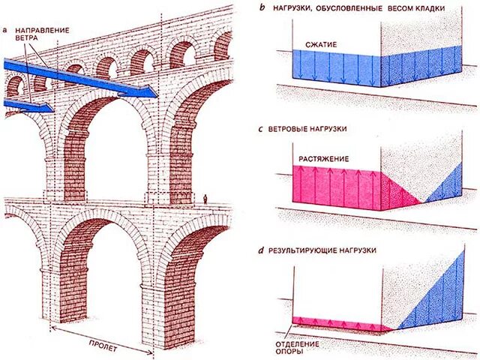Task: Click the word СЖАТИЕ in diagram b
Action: pos(320,44)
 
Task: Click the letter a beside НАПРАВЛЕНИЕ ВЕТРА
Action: pos(4,30)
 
